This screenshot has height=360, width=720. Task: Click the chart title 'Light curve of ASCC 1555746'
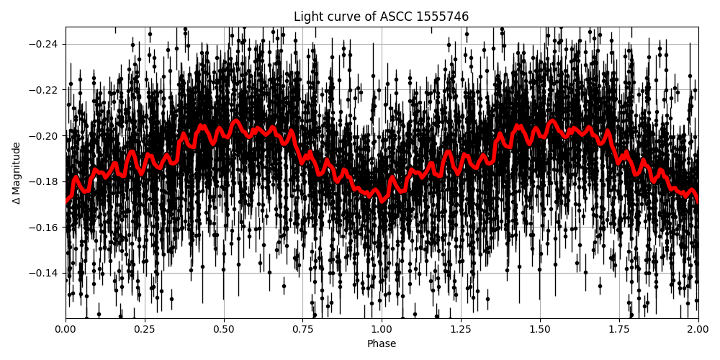[x=381, y=17]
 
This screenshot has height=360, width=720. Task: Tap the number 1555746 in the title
[x=441, y=17]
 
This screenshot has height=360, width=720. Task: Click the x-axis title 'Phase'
[x=381, y=344]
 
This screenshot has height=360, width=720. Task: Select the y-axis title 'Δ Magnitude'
[x=16, y=173]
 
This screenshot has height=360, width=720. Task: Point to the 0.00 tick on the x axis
[x=66, y=330]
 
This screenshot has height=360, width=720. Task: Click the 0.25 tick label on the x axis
[x=145, y=330]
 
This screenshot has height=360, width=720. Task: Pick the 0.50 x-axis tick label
[x=224, y=330]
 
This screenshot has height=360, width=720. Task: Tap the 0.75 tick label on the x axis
[x=302, y=330]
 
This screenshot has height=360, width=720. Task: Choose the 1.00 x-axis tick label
[x=382, y=330]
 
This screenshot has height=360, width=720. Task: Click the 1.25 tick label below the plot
[x=461, y=330]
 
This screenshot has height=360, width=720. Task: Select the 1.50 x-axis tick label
[x=540, y=330]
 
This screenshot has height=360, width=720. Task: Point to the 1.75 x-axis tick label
[x=618, y=330]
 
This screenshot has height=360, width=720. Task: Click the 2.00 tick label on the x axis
[x=698, y=330]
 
